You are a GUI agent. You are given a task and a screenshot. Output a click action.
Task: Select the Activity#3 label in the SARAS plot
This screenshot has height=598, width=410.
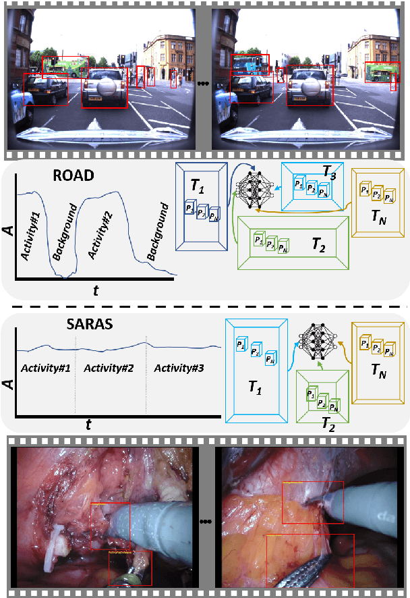tap(178, 368)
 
